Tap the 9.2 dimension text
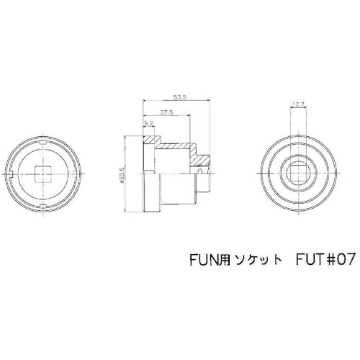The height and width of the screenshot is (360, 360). coord(148,124)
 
